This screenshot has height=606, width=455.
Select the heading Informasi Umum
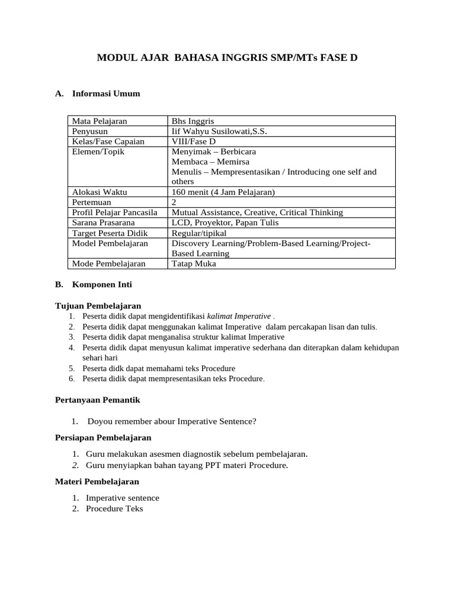[105, 94]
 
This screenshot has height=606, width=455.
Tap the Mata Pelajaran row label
[99, 121]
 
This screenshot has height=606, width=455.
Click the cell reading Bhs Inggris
[193, 121]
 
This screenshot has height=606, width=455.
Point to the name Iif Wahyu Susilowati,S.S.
[219, 131]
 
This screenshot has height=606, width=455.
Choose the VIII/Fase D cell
[194, 141]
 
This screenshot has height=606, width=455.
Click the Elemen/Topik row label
[98, 151]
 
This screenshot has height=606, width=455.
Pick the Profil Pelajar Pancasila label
[114, 212]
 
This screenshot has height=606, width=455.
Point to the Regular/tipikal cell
[199, 233]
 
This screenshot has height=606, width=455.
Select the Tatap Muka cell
[194, 263]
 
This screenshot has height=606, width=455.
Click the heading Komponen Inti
[102, 284]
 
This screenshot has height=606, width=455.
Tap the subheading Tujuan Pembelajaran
[98, 305]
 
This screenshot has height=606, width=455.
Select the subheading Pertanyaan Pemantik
[97, 400]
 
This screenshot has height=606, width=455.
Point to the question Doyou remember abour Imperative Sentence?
[172, 421]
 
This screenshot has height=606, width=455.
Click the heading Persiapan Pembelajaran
[103, 438]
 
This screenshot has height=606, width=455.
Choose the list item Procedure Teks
[114, 508]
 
